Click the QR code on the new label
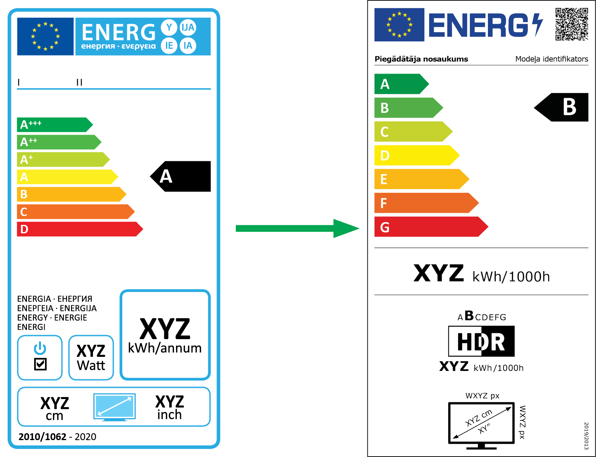point(571,24)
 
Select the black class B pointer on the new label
point(563,107)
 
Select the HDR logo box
point(481,342)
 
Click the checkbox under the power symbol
point(40,364)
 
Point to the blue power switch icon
point(40,348)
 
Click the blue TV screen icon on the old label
point(115,407)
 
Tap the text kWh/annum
point(165,348)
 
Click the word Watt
point(91,366)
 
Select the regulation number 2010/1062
point(42,437)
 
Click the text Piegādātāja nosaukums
point(421,59)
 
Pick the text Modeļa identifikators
point(551,59)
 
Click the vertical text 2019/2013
point(586,436)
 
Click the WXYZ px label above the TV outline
point(482,396)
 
